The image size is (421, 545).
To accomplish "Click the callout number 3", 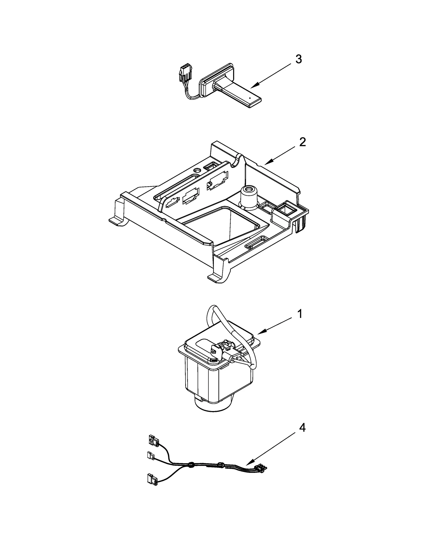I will pos(298,59).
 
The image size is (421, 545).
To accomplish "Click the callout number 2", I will pos(302,142).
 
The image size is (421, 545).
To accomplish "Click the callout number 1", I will pos(299,314).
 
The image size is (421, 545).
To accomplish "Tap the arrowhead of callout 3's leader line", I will pos(252,87).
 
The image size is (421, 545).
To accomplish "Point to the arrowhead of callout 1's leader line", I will pos(258,334).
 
